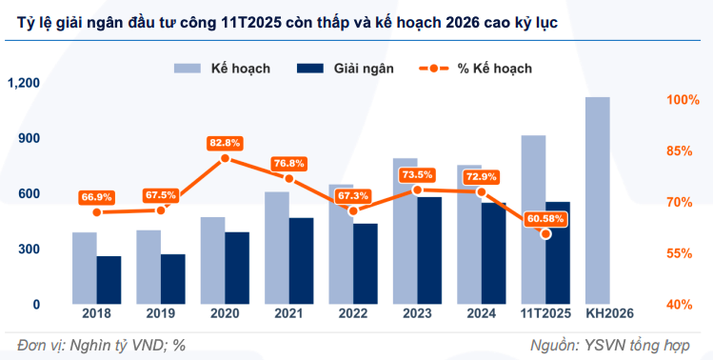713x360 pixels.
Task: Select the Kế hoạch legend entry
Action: pos(221,69)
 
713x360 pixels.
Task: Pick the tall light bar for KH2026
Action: pos(597,200)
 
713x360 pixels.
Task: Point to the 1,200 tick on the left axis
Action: pos(23,84)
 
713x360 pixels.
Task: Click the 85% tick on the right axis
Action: pos(682,151)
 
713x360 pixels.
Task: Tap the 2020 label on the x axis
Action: pos(225,313)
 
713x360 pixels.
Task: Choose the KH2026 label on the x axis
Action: pos(609,313)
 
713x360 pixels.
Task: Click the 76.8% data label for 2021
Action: pos(288,163)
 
